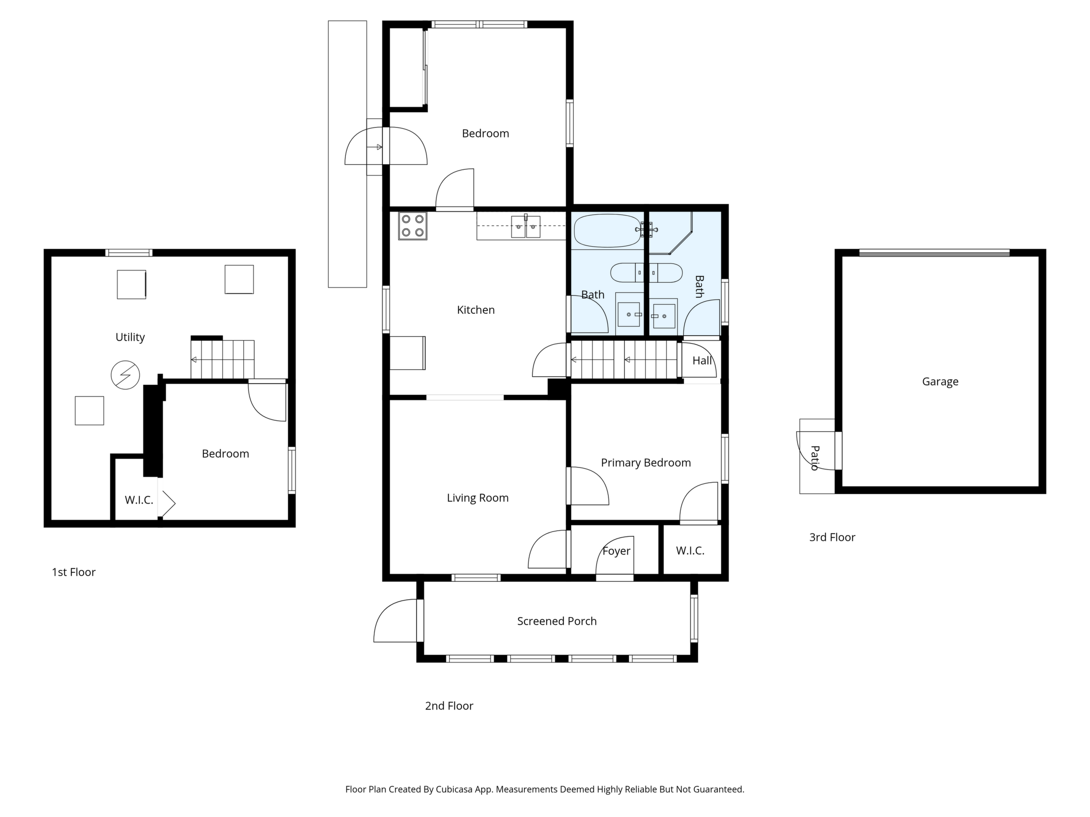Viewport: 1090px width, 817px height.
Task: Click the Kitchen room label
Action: pyautogui.click(x=476, y=310)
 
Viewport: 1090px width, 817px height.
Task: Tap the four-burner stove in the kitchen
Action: pyautogui.click(x=412, y=226)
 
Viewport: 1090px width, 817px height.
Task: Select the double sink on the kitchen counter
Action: pyautogui.click(x=525, y=227)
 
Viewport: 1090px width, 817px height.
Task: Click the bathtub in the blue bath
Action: pyautogui.click(x=607, y=230)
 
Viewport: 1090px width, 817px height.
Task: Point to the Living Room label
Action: pyautogui.click(x=477, y=498)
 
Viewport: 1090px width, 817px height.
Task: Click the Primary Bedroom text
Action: pyautogui.click(x=645, y=463)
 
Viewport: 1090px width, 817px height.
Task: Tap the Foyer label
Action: pyautogui.click(x=616, y=551)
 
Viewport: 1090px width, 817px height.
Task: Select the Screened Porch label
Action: pyautogui.click(x=557, y=621)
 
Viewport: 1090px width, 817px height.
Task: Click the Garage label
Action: pyautogui.click(x=940, y=382)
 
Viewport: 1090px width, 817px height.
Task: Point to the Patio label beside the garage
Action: pyautogui.click(x=814, y=458)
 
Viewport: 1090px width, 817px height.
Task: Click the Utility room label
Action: pyautogui.click(x=130, y=337)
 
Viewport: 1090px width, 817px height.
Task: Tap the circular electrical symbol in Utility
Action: pyautogui.click(x=125, y=375)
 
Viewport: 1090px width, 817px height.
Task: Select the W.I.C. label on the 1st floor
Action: pyautogui.click(x=139, y=500)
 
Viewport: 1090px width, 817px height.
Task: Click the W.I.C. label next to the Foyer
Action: pyautogui.click(x=690, y=551)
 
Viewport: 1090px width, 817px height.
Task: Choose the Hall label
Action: pyautogui.click(x=702, y=360)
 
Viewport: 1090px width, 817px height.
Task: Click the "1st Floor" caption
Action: pyautogui.click(x=73, y=572)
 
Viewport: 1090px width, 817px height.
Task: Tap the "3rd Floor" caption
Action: pyautogui.click(x=832, y=537)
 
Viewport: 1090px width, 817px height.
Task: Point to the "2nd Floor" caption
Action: pyautogui.click(x=449, y=706)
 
